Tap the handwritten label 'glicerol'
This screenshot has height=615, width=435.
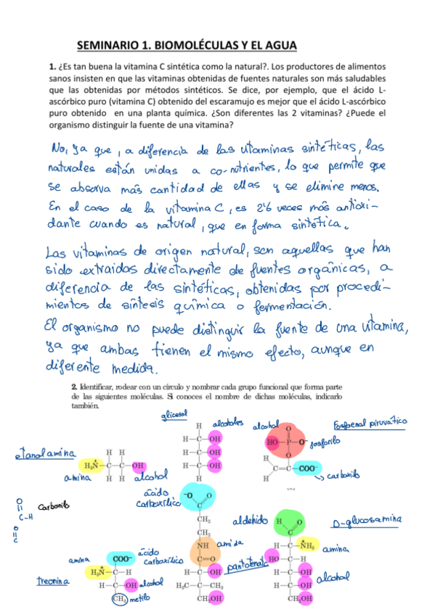(x=174, y=416)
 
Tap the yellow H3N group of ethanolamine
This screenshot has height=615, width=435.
(x=92, y=465)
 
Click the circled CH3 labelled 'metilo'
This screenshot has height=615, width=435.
(x=118, y=599)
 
